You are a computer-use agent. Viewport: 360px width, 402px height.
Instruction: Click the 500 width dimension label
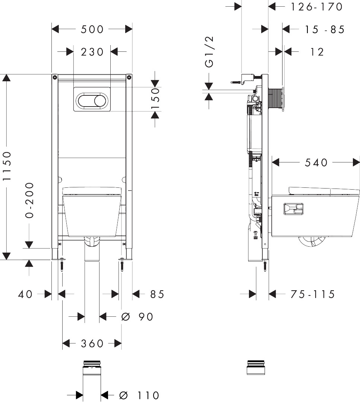(92, 29)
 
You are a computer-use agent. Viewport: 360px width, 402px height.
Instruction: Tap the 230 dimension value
(92, 52)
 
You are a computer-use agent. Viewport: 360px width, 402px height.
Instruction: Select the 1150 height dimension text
(7, 166)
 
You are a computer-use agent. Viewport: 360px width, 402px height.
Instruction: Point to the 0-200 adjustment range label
(30, 200)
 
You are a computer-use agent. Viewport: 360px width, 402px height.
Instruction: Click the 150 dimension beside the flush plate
(155, 98)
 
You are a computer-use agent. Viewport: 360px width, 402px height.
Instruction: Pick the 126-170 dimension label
(316, 7)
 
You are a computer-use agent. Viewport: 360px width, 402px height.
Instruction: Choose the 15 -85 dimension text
(325, 29)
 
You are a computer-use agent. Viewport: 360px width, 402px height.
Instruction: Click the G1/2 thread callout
(209, 52)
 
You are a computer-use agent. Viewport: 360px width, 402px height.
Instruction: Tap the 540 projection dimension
(316, 162)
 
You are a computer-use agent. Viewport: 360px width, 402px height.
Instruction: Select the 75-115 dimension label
(313, 294)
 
